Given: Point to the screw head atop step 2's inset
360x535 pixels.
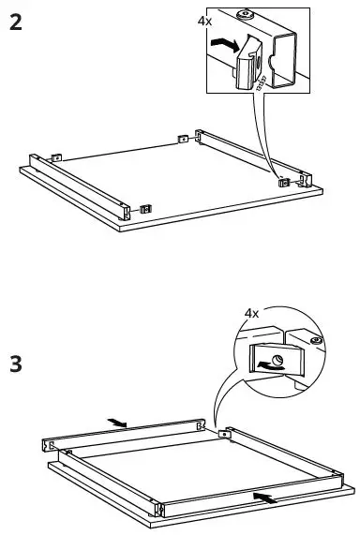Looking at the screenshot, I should pos(246,14).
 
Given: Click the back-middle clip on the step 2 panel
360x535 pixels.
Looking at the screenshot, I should pos(183,139).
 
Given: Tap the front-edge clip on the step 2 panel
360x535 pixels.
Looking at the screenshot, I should pos(144,208).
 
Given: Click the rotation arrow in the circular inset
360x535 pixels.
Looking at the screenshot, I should pos(271,365).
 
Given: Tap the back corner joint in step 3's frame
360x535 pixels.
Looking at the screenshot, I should pos(225,434).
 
